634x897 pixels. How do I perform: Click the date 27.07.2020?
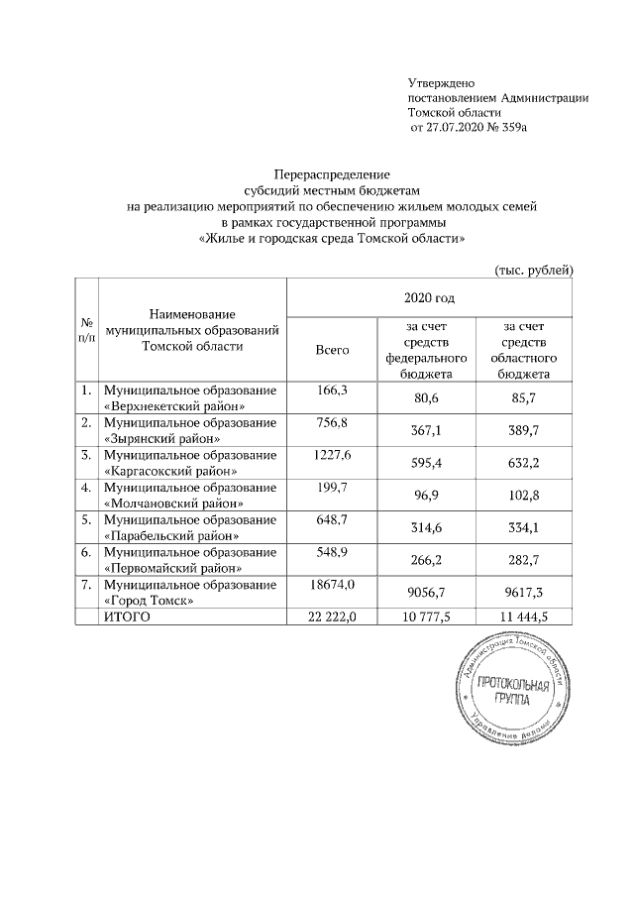[x=457, y=129]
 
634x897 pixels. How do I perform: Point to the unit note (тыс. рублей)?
[x=533, y=270]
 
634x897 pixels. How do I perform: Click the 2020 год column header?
[x=429, y=297]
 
